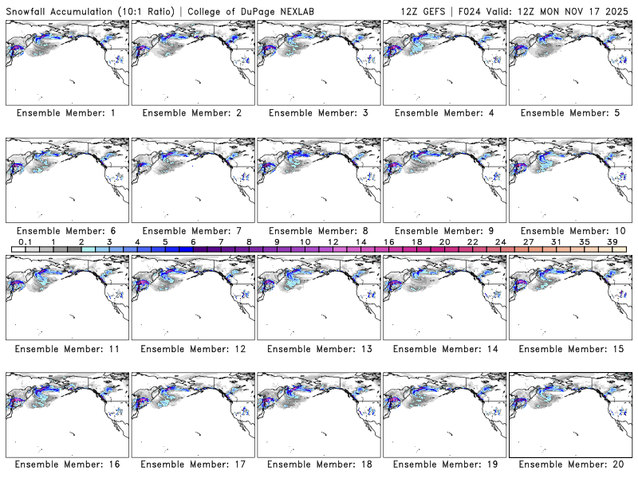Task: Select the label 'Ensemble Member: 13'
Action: pos(320,349)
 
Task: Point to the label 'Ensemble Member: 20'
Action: pos(571,464)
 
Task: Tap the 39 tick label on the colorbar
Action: pos(612,241)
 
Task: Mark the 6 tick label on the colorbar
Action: pos(193,241)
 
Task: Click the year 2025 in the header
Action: pos(618,9)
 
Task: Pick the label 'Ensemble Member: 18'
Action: pos(320,464)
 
